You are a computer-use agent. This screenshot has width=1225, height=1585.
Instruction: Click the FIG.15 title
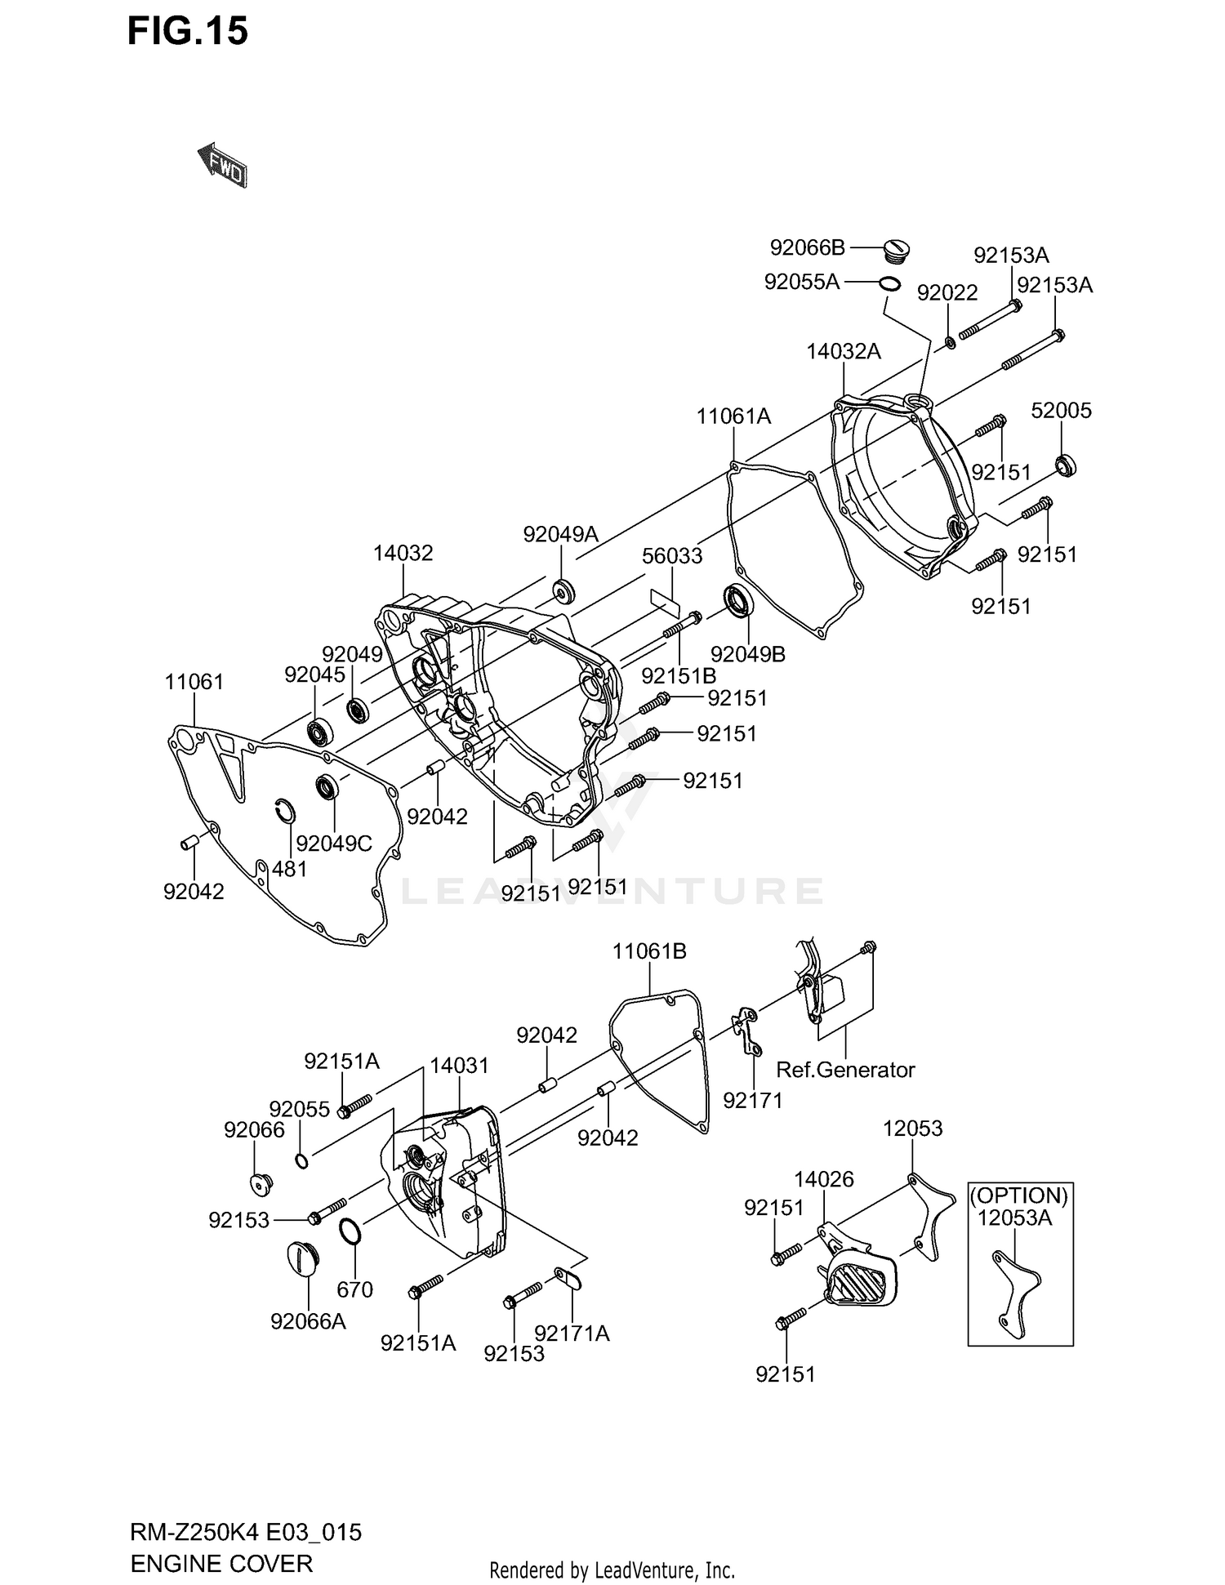(x=188, y=33)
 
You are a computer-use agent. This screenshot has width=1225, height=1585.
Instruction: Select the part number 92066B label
(x=807, y=247)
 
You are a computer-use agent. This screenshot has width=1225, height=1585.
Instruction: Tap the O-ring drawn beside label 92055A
(x=889, y=284)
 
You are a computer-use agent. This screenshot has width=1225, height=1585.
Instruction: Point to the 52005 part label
(x=1061, y=411)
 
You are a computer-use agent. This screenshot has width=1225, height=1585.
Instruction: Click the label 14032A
(x=844, y=352)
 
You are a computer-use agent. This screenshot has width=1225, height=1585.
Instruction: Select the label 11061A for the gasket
(x=733, y=416)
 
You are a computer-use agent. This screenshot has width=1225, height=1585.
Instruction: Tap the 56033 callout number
(x=672, y=556)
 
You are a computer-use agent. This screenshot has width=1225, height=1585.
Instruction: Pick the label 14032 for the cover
(x=403, y=553)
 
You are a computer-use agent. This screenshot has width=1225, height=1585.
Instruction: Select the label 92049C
(x=334, y=844)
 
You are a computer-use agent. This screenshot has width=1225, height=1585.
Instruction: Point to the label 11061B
(x=649, y=951)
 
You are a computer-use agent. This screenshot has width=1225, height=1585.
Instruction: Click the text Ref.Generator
(x=845, y=1070)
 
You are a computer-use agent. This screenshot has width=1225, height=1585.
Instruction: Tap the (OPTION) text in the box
(x=1018, y=1196)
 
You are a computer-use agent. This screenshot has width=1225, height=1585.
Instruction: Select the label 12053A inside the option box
(x=1015, y=1218)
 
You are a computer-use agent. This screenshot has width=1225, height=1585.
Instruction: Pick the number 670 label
(x=354, y=1289)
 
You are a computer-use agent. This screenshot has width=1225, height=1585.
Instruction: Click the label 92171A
(x=572, y=1333)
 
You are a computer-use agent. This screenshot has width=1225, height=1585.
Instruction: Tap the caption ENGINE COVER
(x=221, y=1564)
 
